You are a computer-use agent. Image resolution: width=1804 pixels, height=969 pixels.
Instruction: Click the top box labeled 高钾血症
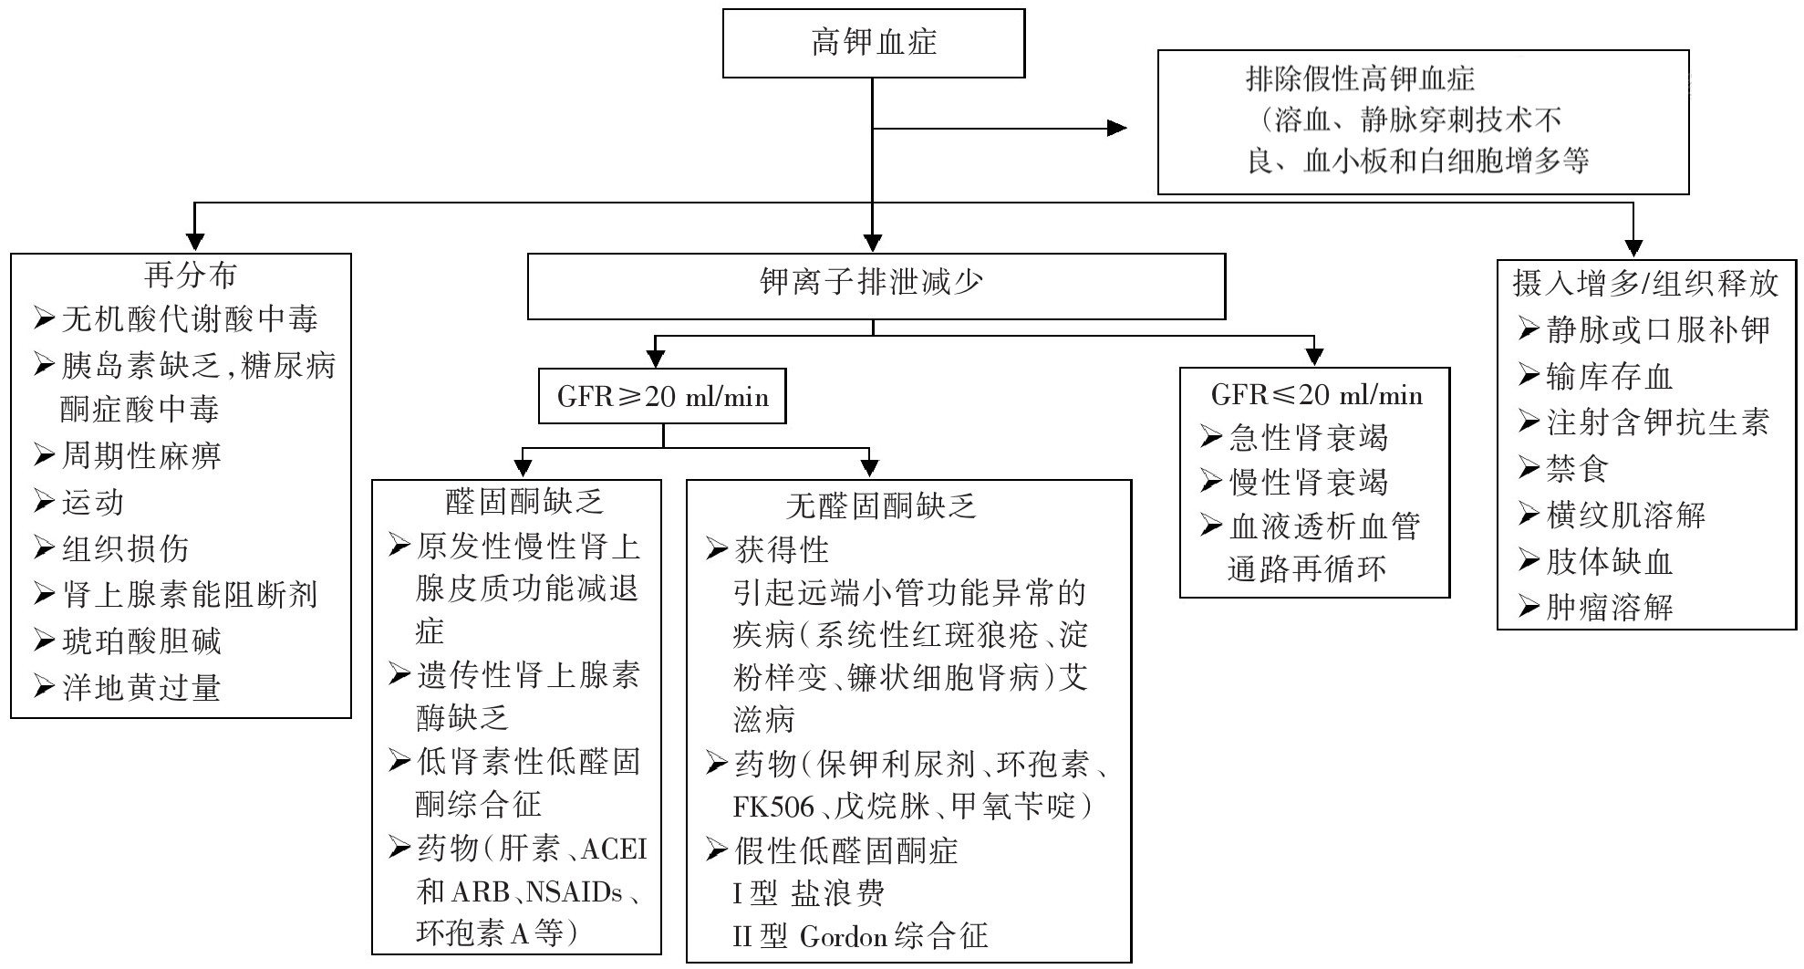(x=873, y=43)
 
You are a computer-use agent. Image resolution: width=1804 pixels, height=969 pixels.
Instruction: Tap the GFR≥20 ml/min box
(x=662, y=397)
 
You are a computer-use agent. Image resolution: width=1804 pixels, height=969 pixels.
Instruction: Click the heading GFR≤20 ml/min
(x=1316, y=394)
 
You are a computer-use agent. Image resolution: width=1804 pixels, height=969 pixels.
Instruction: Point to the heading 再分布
(x=190, y=275)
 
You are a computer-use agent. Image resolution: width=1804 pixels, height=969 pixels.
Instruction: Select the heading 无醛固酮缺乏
(x=881, y=505)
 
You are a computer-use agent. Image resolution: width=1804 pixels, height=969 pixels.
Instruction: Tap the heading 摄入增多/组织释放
(x=1644, y=283)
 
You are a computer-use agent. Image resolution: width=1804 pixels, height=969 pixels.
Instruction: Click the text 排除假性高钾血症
(x=1360, y=78)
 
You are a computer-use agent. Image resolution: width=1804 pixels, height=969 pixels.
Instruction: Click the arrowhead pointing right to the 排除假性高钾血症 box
(x=1116, y=128)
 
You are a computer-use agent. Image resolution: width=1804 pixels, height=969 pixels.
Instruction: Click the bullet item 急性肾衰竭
(x=1308, y=438)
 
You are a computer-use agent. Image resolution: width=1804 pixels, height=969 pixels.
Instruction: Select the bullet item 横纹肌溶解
(x=1625, y=516)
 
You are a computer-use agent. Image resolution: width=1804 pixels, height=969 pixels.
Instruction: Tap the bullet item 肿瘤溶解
(x=1609, y=608)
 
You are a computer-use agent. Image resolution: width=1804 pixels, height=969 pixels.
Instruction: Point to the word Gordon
(x=843, y=937)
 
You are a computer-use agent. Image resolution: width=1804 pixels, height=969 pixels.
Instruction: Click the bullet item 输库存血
(x=1609, y=377)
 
